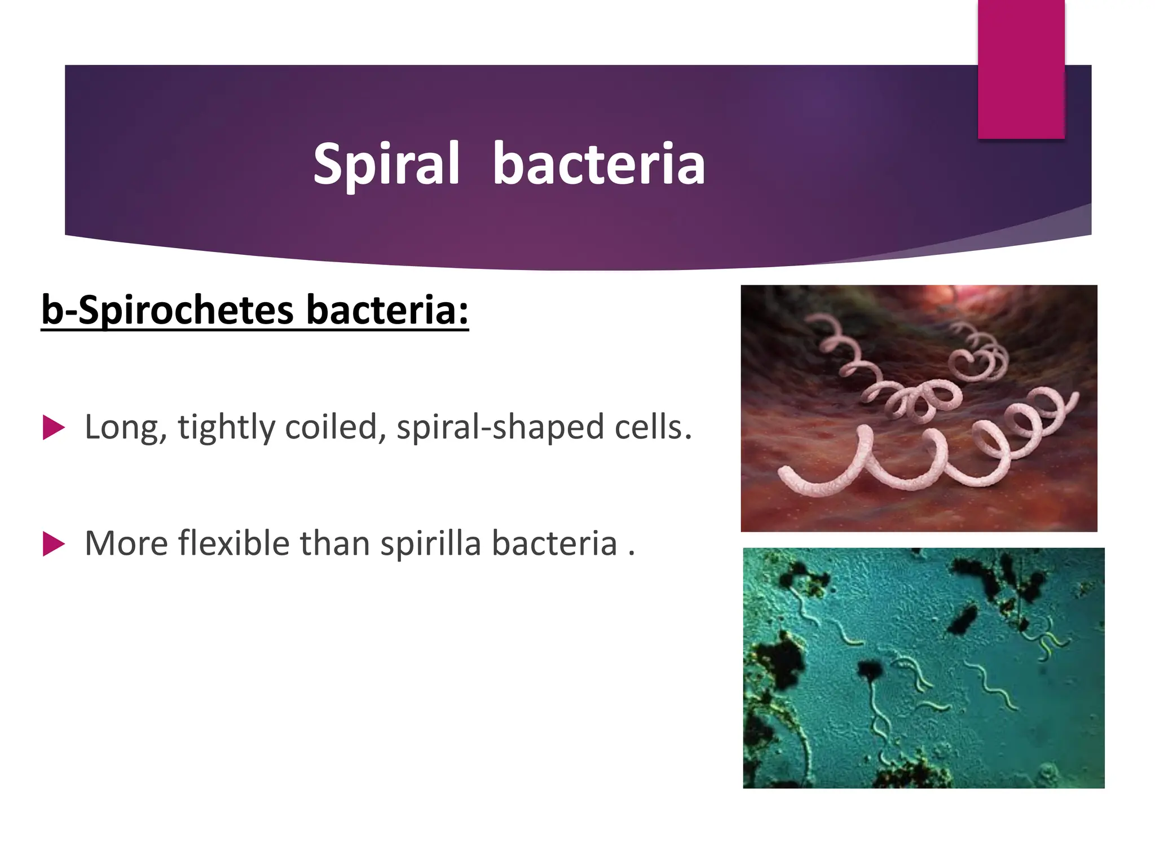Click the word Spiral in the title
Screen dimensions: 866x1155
pos(386,165)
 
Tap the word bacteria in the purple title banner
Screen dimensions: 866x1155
pos(598,165)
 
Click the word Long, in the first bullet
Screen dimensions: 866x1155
pos(126,427)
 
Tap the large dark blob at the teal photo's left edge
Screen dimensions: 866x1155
pos(778,660)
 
